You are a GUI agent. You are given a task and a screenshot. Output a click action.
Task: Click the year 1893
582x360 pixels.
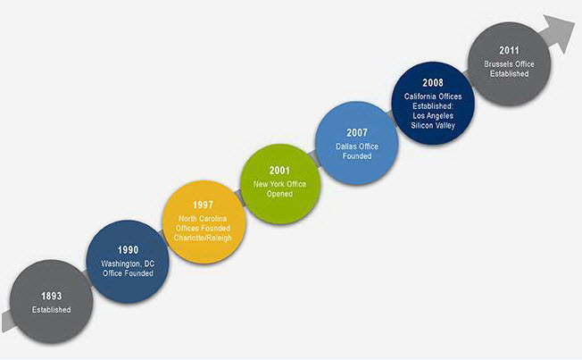(51, 296)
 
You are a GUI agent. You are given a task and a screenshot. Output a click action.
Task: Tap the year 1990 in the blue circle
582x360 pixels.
(128, 250)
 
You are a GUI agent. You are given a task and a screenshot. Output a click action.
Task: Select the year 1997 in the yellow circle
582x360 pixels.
(203, 205)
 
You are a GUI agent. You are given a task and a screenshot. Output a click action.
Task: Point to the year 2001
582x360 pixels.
(279, 171)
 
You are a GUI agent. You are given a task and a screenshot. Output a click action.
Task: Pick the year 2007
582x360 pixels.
(357, 132)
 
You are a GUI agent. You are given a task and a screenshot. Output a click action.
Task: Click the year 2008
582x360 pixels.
(433, 83)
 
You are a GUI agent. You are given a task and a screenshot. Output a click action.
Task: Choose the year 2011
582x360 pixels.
(509, 50)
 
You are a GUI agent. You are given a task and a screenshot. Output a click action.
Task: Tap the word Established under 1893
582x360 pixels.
(51, 309)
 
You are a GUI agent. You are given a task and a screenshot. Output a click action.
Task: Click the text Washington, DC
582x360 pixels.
(128, 264)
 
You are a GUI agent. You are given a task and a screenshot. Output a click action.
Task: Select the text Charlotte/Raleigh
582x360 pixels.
(203, 238)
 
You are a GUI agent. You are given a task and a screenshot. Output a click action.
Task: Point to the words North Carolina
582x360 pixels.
(203, 219)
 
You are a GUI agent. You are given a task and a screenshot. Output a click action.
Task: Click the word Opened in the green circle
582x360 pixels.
(279, 194)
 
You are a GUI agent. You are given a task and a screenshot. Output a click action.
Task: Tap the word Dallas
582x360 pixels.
(345, 147)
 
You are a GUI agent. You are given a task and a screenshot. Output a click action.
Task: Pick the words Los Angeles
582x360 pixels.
(433, 115)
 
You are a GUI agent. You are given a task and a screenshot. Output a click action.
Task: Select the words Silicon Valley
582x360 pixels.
(433, 125)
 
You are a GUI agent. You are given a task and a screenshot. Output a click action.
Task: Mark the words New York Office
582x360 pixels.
(279, 184)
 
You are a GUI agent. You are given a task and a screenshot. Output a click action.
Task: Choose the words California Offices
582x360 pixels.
(433, 96)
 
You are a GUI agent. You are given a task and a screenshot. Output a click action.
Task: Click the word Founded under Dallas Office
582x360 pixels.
(357, 156)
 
